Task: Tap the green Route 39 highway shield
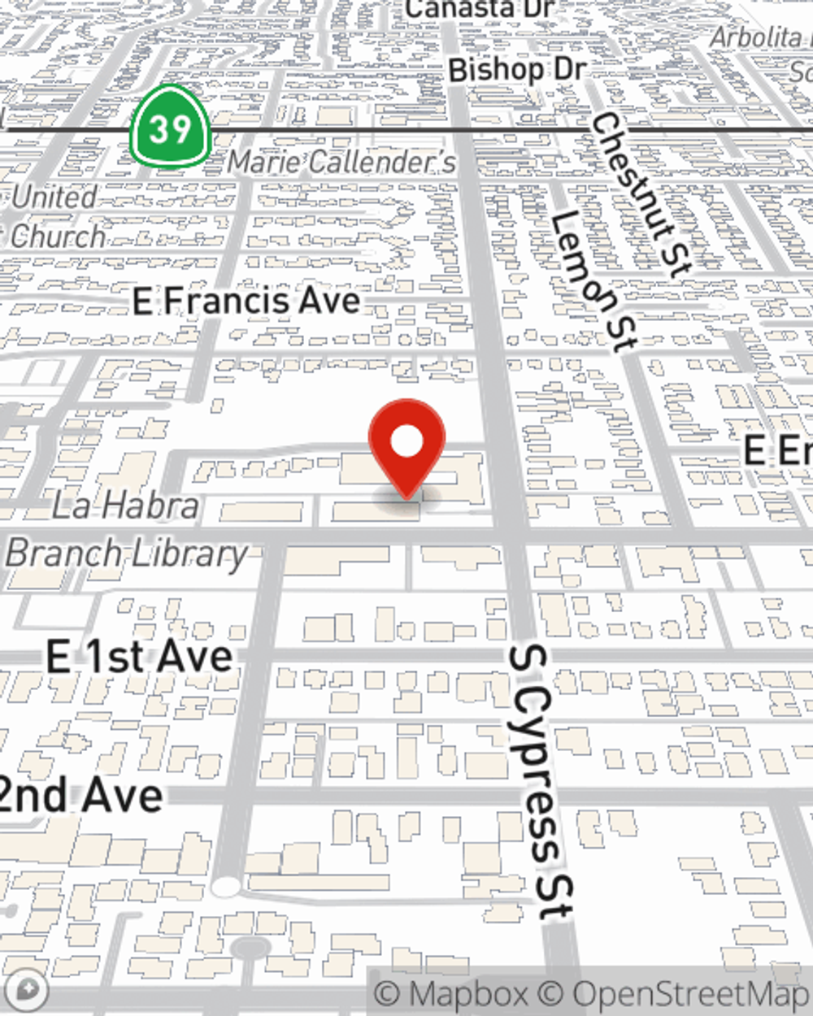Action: tap(170, 128)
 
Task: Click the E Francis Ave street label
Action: tap(246, 302)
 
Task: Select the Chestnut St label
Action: tap(641, 195)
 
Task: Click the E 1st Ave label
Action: tap(139, 657)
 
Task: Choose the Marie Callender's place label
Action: tap(341, 162)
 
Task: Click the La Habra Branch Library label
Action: tap(126, 530)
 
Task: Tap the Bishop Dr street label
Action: tap(516, 70)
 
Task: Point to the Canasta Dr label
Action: tap(480, 10)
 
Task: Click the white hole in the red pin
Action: tap(406, 442)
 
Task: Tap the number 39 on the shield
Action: tap(170, 128)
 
